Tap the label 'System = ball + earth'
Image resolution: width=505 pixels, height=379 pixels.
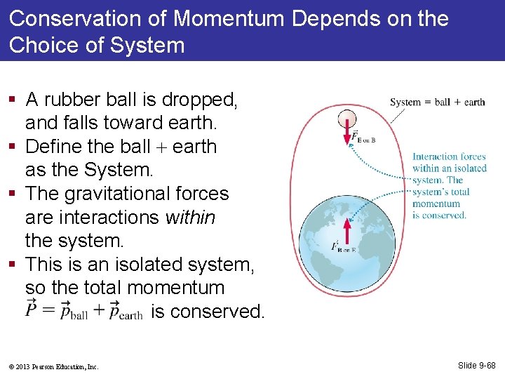coord(437,102)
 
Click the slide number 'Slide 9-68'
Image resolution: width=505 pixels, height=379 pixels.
coord(476,366)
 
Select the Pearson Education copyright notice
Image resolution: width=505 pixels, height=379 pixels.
coord(54,366)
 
